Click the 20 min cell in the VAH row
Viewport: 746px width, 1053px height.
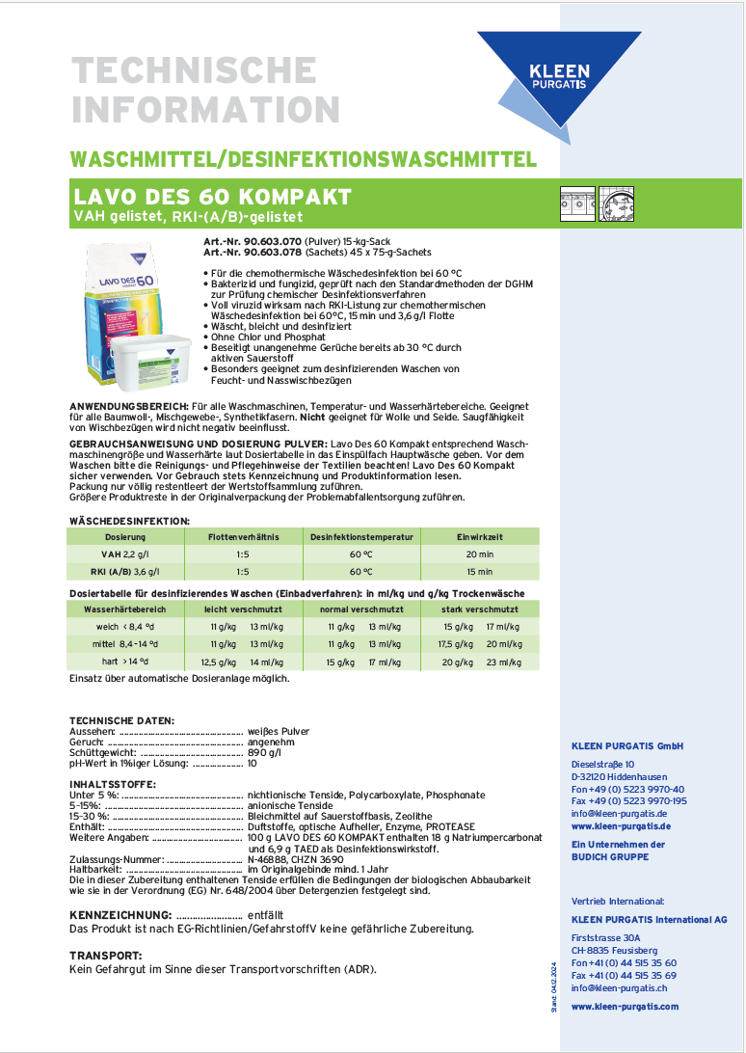[x=478, y=553]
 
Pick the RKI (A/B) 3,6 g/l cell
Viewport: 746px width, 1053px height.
[x=125, y=571]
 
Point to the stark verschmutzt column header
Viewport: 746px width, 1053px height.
[x=479, y=609]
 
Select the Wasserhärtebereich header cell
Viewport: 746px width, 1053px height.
[x=125, y=609]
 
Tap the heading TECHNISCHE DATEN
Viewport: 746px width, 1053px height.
[x=121, y=720]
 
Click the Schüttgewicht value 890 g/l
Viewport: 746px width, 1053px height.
[x=264, y=752]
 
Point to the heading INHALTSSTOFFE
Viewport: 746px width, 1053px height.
[x=113, y=784]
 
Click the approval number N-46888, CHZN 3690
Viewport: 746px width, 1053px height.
[x=295, y=858]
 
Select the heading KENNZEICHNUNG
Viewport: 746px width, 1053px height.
[x=120, y=913]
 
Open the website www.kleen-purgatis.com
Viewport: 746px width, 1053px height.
[x=625, y=1006]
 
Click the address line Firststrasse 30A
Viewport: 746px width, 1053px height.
[x=605, y=937]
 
